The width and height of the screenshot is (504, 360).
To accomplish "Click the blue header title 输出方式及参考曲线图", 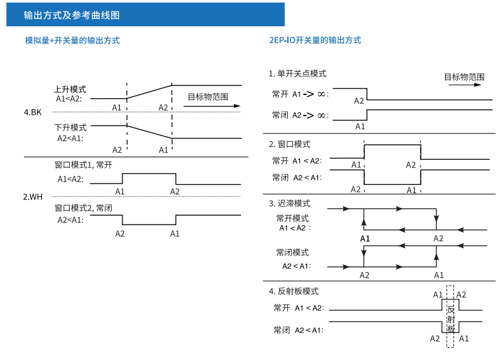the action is click(x=71, y=15).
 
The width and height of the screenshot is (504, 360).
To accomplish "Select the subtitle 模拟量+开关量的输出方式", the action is click(x=72, y=40).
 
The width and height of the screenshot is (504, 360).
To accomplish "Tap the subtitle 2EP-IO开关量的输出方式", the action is click(x=315, y=40).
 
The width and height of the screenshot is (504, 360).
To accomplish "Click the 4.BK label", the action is click(x=33, y=112).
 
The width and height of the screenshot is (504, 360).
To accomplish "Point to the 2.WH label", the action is click(x=33, y=196).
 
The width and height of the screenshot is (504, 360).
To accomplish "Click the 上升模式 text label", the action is click(x=70, y=89).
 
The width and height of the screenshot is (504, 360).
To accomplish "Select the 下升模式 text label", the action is click(x=71, y=128).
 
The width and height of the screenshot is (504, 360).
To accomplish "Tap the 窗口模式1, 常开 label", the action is click(x=83, y=165).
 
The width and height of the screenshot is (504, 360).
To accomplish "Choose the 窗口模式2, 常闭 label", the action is click(x=83, y=208).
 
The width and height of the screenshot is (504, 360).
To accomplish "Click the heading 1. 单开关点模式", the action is click(x=298, y=74).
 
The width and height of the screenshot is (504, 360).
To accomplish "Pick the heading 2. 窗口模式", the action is click(x=290, y=144).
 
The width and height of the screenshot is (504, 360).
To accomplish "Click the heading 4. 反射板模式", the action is click(x=294, y=291).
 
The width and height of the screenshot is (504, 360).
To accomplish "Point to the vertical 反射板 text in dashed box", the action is click(x=451, y=319).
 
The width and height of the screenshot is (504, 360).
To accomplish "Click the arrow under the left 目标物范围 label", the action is click(x=212, y=106).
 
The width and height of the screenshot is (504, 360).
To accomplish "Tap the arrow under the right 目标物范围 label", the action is click(x=464, y=85).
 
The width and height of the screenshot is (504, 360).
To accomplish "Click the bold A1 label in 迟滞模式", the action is click(x=365, y=239).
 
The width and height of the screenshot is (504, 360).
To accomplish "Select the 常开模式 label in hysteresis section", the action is click(x=292, y=218).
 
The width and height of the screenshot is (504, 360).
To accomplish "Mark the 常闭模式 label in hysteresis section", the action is click(x=292, y=253).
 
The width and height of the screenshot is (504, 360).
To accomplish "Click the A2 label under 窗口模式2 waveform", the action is click(x=120, y=234).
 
